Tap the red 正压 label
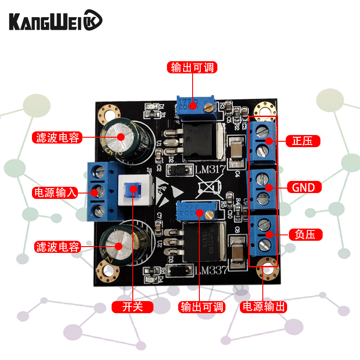pyautogui.click(x=303, y=141)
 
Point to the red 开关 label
pyautogui.click(x=133, y=307)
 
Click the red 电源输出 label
pyautogui.click(x=263, y=307)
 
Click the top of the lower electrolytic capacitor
pyautogui.click(x=118, y=245)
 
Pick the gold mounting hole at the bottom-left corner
pyautogui.click(x=108, y=270)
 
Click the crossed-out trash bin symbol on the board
pyautogui.click(x=210, y=188)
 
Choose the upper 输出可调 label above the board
pyautogui.click(x=192, y=67)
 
